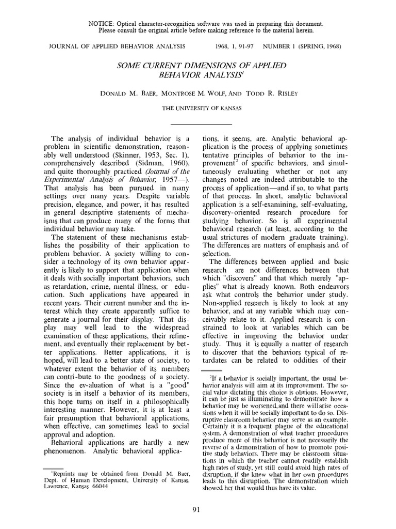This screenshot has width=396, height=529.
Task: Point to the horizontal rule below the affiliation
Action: click(x=198, y=125)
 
